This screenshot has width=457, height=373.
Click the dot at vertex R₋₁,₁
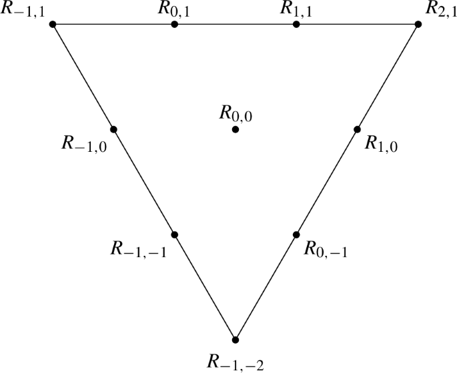coord(53,25)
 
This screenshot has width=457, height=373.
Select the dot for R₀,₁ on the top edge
coord(174,25)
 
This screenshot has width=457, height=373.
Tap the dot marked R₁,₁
coord(296,25)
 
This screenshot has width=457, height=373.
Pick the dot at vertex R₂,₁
coord(418,25)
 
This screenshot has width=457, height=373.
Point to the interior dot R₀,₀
coord(236,129)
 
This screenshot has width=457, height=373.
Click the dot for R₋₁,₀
coord(113,129)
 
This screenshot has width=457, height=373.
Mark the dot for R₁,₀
coord(357,129)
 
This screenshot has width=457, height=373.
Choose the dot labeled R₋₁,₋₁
coord(174,234)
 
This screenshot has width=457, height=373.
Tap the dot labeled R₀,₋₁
coord(296,234)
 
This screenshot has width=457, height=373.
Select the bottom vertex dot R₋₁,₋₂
coord(235,339)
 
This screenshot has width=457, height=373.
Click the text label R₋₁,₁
coord(23,11)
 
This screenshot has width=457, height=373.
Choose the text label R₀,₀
coord(236,113)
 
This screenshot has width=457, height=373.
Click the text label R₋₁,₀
coord(83,143)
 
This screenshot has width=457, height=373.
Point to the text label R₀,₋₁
coord(325,250)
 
